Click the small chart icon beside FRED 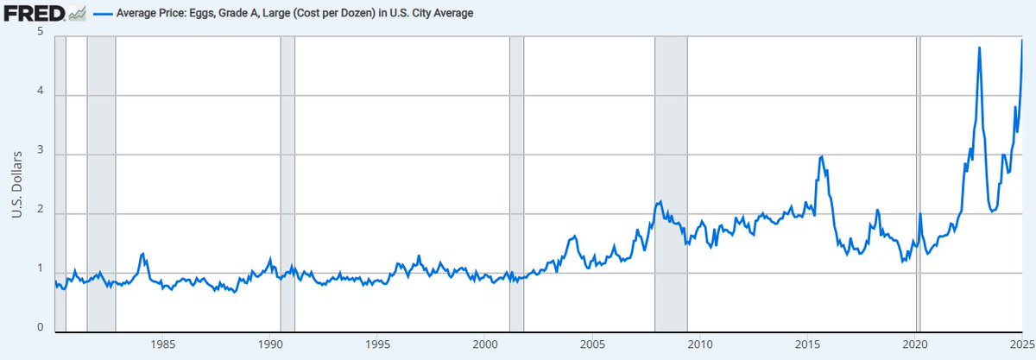tap(78, 15)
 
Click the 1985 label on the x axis tap(163, 346)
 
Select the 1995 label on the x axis tap(377, 346)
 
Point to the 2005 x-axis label tap(591, 346)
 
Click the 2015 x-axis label tap(806, 346)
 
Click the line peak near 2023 tap(979, 47)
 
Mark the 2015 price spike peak tap(822, 156)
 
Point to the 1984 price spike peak tap(142, 253)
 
